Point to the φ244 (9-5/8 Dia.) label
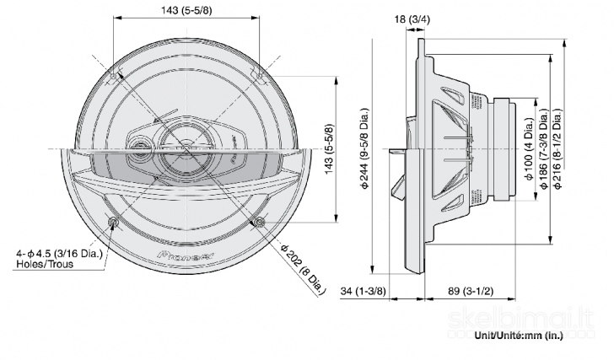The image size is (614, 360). (x=364, y=148)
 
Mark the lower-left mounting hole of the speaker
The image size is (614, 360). (x=114, y=221)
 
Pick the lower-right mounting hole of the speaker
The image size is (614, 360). (x=258, y=221)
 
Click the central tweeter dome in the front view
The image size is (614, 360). (x=186, y=144)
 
